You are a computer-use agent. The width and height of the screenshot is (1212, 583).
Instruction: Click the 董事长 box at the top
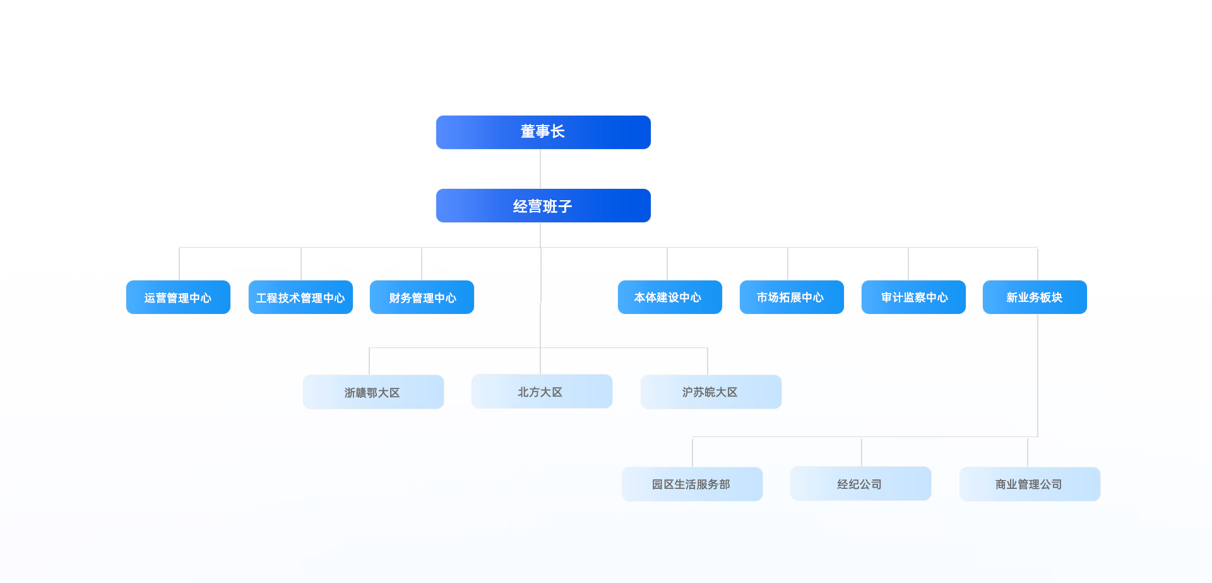543,132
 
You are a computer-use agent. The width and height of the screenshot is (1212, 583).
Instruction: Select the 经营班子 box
543,205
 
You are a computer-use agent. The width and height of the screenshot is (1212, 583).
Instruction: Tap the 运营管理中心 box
178,297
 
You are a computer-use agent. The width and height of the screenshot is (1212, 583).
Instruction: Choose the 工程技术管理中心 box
300,297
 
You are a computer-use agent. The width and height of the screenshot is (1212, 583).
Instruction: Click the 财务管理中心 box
422,297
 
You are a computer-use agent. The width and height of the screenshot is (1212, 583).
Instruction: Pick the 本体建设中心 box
670,297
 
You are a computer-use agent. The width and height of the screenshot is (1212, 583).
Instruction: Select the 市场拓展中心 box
792,297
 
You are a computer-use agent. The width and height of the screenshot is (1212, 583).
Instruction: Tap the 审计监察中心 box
913,297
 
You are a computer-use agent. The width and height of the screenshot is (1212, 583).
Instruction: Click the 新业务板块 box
1035,297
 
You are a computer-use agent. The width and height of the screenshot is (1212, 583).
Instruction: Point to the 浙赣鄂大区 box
373,392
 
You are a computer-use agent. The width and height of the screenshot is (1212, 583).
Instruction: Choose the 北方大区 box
542,391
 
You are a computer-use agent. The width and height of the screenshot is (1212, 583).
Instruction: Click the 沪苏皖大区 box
711,392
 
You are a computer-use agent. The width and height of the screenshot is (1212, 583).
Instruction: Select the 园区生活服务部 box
692,484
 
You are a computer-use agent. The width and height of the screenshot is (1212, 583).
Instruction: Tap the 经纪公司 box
860,483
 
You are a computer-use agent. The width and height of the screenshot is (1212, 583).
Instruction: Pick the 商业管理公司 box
1030,484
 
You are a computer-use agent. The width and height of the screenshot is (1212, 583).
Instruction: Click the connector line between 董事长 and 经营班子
540,169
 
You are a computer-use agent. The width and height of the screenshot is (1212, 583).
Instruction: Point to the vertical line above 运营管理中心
179,264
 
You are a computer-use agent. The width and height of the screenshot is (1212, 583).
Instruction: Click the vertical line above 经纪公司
862,452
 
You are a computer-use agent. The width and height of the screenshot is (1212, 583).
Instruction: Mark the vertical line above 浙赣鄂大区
369,361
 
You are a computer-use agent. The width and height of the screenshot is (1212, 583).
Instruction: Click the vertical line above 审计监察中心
908,264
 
